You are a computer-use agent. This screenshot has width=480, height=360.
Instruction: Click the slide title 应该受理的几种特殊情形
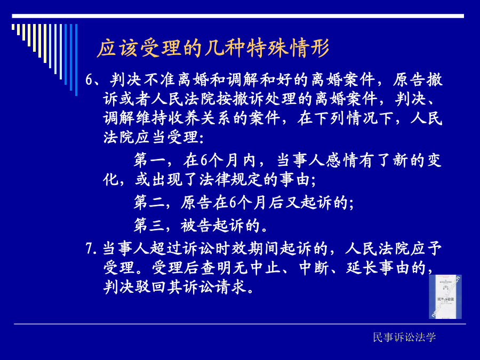point(213,48)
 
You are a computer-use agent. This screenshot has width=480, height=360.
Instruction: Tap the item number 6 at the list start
point(89,80)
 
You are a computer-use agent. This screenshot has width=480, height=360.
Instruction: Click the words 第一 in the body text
point(149,160)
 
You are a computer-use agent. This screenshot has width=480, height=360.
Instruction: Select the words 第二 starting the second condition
point(149,202)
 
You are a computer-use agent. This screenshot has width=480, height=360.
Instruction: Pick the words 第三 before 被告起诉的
point(149,226)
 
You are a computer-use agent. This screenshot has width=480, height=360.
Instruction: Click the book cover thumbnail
point(445,297)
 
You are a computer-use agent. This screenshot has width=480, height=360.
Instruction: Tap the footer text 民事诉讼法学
point(404,337)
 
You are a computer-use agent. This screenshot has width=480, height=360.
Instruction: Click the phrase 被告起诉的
point(220,226)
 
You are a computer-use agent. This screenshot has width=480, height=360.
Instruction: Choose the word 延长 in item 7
point(362,268)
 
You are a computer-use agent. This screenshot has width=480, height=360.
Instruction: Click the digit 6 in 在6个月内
point(204,160)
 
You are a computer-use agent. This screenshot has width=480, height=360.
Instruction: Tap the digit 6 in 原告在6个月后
point(233,202)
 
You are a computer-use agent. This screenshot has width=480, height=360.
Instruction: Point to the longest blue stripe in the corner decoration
point(76,60)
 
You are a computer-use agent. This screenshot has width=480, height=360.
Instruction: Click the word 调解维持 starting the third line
point(135,118)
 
